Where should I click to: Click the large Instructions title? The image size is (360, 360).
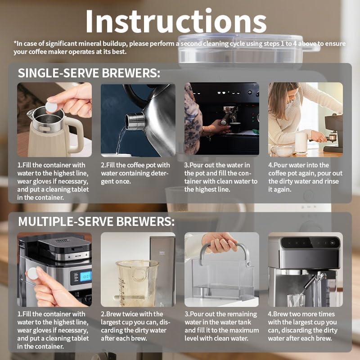tap(175, 21)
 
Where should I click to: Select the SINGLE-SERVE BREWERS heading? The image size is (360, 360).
tap(89, 73)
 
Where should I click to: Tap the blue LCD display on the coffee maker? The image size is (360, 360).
tap(85, 276)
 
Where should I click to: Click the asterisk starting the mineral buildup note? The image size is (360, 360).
tap(15, 44)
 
